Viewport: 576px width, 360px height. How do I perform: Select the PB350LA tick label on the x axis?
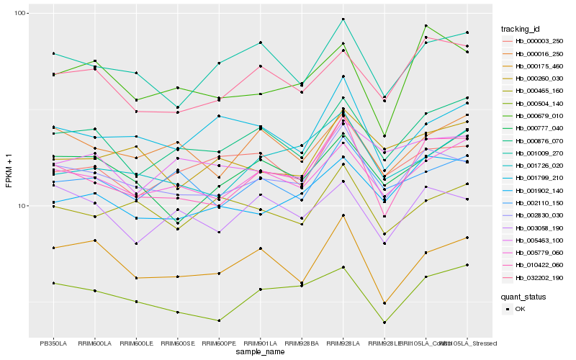[x=53, y=343]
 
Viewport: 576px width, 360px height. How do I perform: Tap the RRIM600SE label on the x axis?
[x=177, y=343]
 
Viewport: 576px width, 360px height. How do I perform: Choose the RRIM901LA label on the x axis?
[x=260, y=343]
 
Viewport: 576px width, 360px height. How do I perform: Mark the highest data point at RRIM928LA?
[x=343, y=19]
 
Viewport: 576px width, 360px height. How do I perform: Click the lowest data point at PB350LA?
[x=53, y=283]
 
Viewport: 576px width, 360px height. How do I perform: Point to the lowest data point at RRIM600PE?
[x=219, y=320]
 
